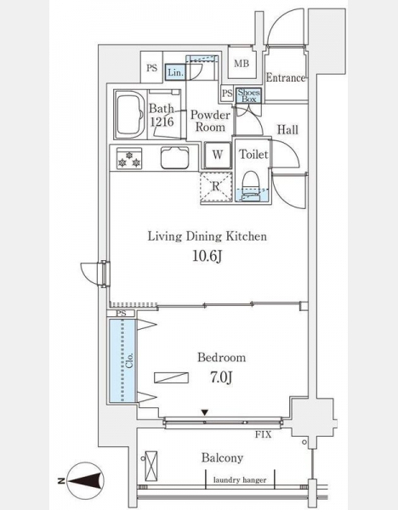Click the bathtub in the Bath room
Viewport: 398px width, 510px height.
[x=130, y=114]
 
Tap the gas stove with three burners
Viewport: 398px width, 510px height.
[x=129, y=158]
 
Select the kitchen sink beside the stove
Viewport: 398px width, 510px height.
[x=174, y=158]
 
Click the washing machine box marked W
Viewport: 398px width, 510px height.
[x=218, y=155]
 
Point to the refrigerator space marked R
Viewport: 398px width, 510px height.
[x=216, y=187]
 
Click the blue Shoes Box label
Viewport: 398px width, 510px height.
[x=248, y=95]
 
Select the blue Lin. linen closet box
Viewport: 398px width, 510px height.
[x=176, y=72]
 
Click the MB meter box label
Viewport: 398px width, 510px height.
[x=242, y=64]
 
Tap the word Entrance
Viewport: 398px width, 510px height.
[x=286, y=77]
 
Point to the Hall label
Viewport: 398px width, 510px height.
[x=287, y=130]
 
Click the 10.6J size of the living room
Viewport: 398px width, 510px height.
[x=208, y=257]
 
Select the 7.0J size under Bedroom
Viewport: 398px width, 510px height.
[x=221, y=377]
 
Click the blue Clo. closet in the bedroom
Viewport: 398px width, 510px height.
[x=122, y=360]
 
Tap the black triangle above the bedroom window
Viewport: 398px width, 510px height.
[x=204, y=413]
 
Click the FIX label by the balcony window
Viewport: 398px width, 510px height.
[x=263, y=434]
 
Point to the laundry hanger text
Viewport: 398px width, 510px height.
[x=240, y=479]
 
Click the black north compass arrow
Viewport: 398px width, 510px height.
[x=85, y=481]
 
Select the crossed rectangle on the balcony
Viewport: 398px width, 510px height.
[x=151, y=466]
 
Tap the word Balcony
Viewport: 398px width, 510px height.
[x=222, y=458]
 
